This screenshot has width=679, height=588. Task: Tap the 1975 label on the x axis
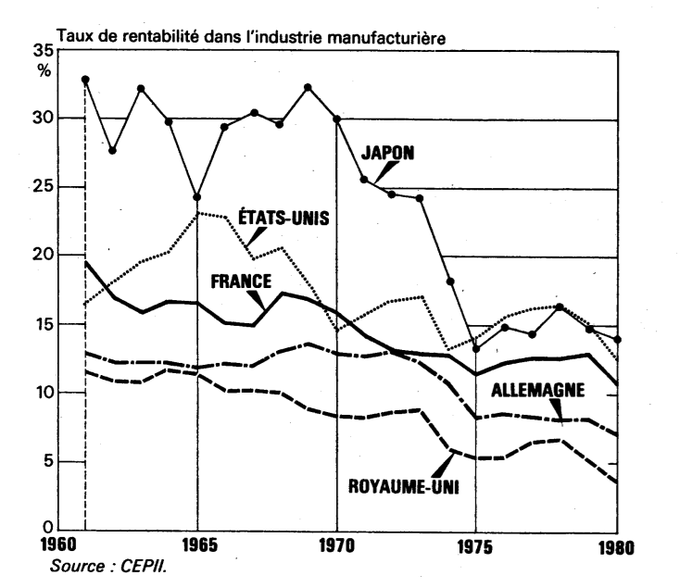click(x=475, y=546)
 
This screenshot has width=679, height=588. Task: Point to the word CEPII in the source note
click(x=143, y=567)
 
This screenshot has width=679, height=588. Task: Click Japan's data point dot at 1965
click(x=196, y=197)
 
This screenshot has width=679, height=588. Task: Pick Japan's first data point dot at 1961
click(x=85, y=80)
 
